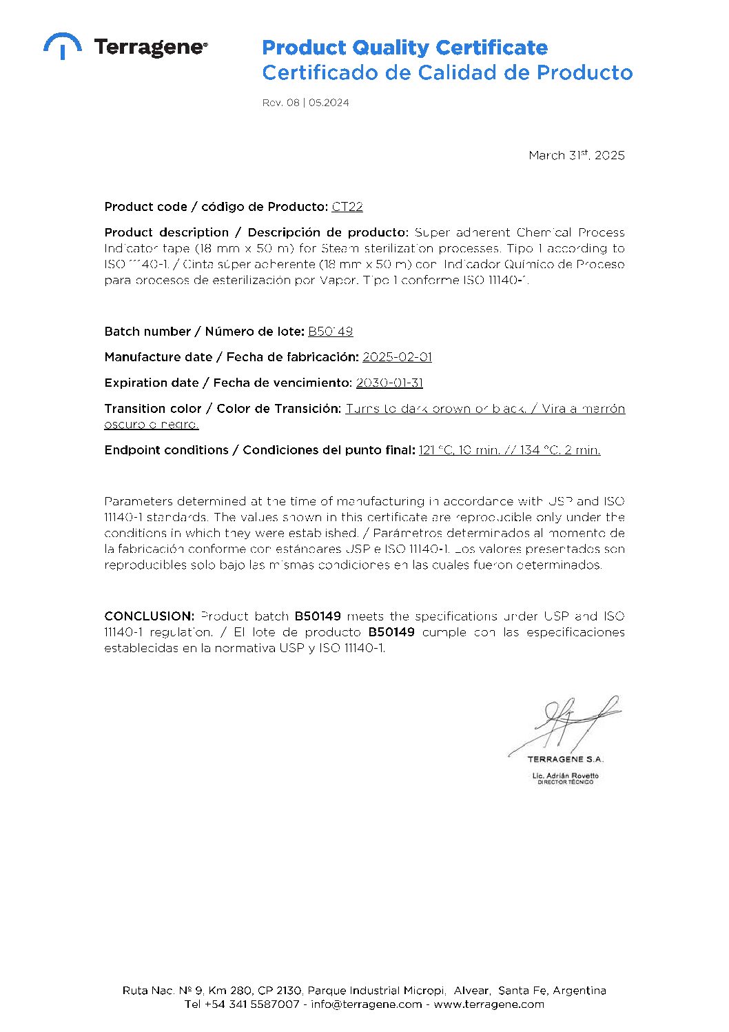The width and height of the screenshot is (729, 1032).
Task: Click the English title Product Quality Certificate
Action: (x=404, y=48)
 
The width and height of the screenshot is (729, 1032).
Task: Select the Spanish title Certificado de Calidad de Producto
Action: (x=446, y=72)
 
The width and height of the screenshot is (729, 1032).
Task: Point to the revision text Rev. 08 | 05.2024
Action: (x=305, y=103)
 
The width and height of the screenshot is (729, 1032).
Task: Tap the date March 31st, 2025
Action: (x=576, y=155)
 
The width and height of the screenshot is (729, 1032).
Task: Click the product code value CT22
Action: (x=347, y=207)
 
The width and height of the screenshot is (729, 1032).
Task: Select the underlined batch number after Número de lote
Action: (x=330, y=332)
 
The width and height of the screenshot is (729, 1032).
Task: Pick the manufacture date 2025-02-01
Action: (x=397, y=357)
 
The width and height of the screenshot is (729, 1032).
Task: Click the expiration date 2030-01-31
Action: (x=389, y=383)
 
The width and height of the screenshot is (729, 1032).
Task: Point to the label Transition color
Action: (x=153, y=409)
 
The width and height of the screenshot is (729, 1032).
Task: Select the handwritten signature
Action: (x=565, y=724)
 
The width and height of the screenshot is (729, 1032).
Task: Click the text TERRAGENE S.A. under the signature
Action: (x=565, y=759)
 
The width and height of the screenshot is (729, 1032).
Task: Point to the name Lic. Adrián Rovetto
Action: (x=565, y=776)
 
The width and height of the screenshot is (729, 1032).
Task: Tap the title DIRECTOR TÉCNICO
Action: (x=565, y=782)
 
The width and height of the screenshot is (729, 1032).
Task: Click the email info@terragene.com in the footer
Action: (x=366, y=1004)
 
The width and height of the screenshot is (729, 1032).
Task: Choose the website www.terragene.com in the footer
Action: (x=489, y=1004)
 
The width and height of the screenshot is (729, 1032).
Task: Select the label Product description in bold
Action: (x=166, y=232)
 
